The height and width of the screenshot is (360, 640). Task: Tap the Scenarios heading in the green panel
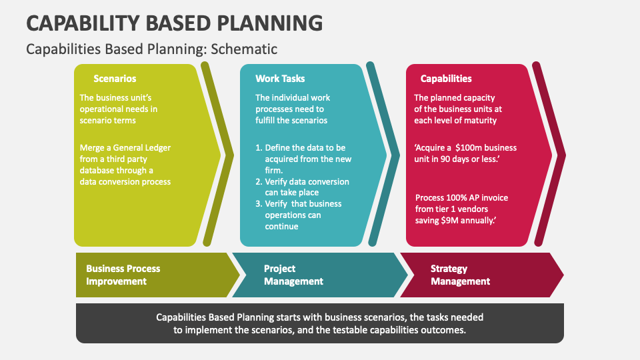115,79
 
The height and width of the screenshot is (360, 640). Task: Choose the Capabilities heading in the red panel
446,79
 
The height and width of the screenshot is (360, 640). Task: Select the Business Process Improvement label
123,275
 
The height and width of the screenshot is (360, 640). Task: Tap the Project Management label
293,275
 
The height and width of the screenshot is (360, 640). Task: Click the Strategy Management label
460,275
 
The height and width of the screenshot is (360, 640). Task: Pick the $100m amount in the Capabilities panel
469,147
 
